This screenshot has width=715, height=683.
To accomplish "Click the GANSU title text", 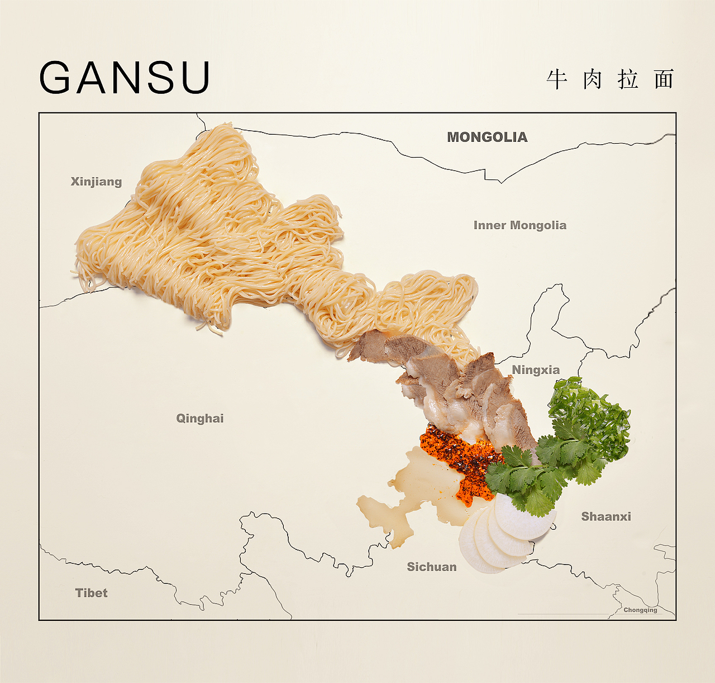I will [125, 77].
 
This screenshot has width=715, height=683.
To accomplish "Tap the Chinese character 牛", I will [557, 79].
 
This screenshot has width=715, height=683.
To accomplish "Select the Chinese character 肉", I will [592, 79].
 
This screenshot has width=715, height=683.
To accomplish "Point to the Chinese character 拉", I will [628, 79].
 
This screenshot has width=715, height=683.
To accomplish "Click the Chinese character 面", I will [664, 79].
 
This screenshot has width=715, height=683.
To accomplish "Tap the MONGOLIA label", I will [487, 137].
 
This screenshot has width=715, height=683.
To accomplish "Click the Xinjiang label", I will [96, 182].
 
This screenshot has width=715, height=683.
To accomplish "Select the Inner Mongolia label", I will [519, 225].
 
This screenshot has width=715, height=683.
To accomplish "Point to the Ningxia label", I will [536, 370].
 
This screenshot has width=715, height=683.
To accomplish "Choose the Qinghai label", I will [200, 419].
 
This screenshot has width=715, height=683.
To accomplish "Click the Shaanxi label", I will [606, 516].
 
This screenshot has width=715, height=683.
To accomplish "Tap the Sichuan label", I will [431, 567].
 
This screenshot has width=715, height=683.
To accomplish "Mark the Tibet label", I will [91, 593].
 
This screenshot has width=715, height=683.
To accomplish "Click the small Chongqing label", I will [640, 610].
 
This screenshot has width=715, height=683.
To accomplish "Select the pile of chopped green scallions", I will [592, 414].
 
